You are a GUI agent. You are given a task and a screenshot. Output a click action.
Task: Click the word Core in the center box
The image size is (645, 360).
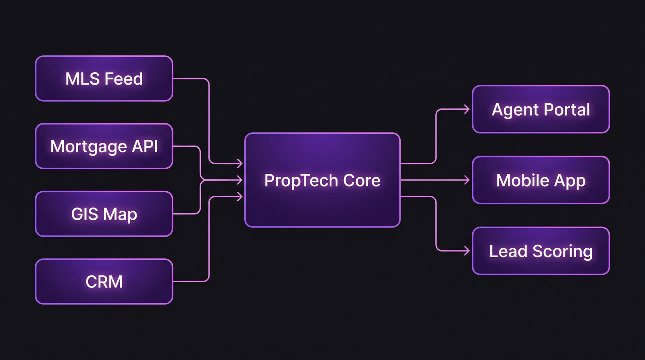(x=362, y=181)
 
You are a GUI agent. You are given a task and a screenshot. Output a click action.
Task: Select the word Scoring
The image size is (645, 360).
(x=562, y=252)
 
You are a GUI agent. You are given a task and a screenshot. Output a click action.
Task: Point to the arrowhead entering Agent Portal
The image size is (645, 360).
(x=467, y=109)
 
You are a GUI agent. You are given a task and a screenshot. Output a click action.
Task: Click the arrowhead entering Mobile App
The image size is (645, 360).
(x=467, y=180)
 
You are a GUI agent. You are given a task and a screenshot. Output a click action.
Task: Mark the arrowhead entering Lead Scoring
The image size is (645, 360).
(x=467, y=251)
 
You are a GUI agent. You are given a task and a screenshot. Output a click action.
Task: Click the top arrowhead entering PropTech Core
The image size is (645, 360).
(x=240, y=163)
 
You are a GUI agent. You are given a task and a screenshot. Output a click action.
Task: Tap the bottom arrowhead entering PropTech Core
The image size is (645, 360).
(x=240, y=196)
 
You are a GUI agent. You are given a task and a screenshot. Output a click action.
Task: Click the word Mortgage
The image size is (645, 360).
(x=88, y=147)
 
